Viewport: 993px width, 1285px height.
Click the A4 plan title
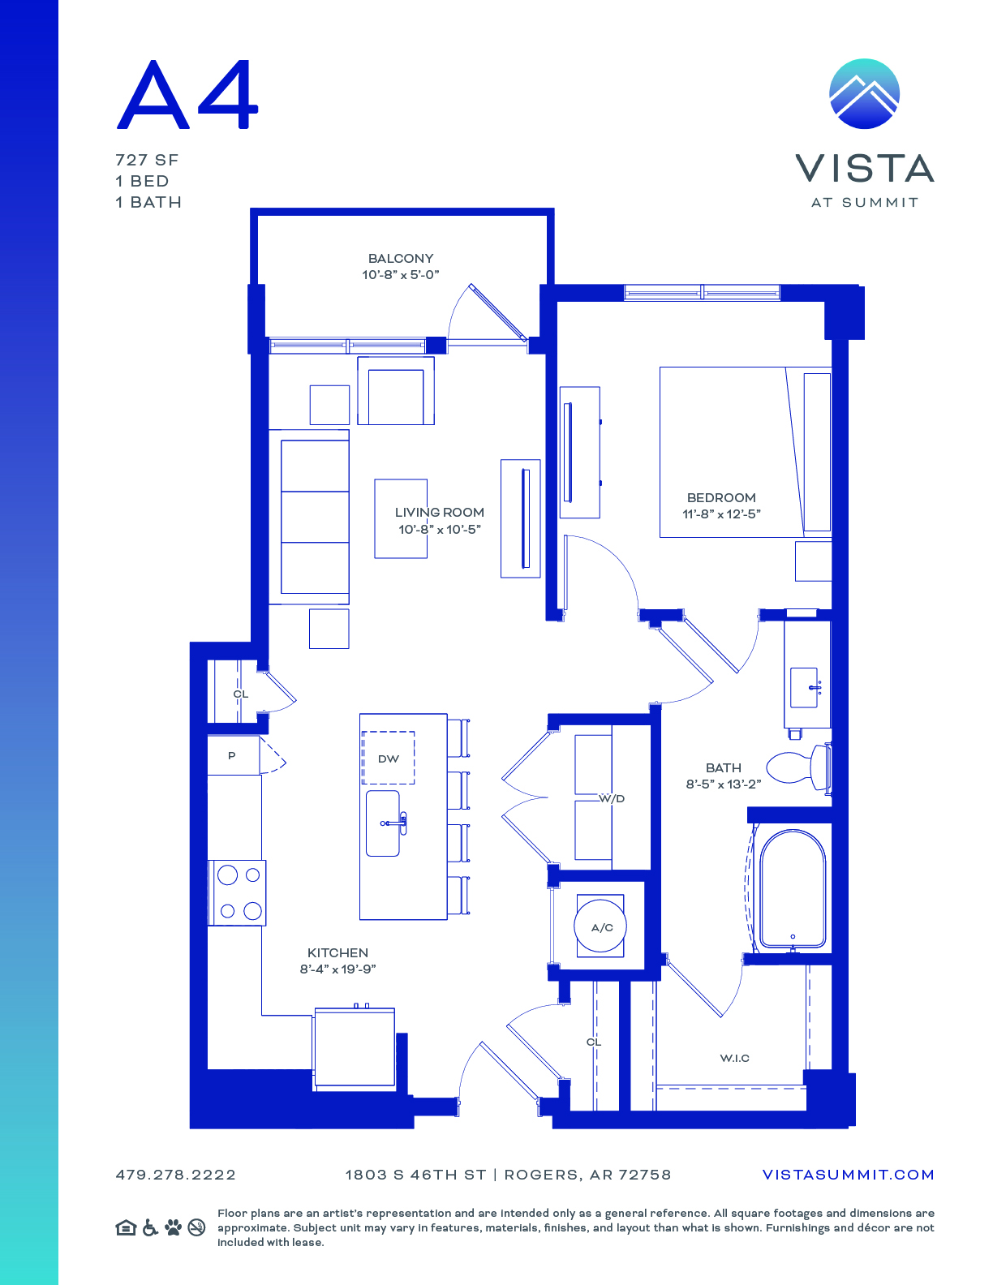187,94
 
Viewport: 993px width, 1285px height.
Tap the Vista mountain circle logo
864,93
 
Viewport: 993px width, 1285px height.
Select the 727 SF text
147,161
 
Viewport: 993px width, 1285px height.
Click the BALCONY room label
401,259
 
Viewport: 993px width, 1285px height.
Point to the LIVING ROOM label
440,512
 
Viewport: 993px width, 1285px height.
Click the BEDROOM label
721,498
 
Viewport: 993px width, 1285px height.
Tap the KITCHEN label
337,952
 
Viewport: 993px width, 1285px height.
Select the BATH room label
724,767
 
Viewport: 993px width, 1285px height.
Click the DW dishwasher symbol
388,759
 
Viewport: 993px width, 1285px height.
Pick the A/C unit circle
600,926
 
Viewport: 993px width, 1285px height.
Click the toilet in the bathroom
798,767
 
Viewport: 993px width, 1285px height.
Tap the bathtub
792,889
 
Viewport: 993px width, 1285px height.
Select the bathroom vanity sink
804,688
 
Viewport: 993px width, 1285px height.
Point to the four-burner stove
237,893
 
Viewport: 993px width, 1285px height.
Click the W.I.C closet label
734,1058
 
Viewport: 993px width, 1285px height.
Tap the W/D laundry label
612,798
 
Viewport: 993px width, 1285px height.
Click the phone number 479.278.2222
176,1175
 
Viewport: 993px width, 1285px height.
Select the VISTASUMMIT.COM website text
848,1175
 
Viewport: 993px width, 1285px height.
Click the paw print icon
174,1227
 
